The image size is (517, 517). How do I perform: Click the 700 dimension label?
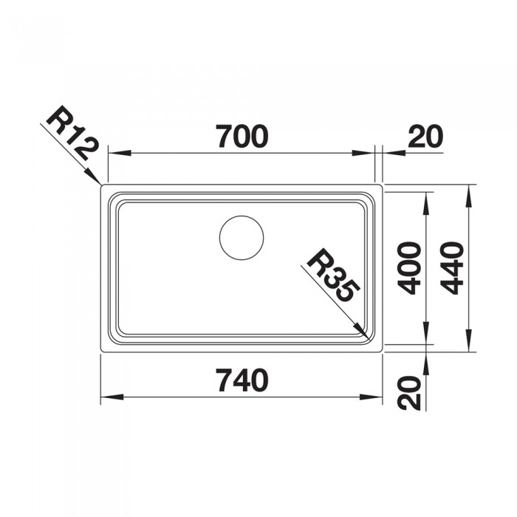pos(242,136)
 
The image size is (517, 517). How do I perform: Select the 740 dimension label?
pos(242,380)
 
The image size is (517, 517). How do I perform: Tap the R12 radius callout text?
pos(72,133)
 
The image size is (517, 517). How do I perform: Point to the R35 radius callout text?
pos(333,275)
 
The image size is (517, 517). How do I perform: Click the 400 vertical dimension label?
pos(409,267)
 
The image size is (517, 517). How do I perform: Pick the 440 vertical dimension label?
pos(452,267)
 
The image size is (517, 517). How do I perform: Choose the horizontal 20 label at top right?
pos(425,136)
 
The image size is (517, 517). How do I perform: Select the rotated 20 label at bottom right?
pos(409,393)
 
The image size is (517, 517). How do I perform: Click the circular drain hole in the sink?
pos(242,237)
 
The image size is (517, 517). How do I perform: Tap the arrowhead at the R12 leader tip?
pos(92,176)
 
